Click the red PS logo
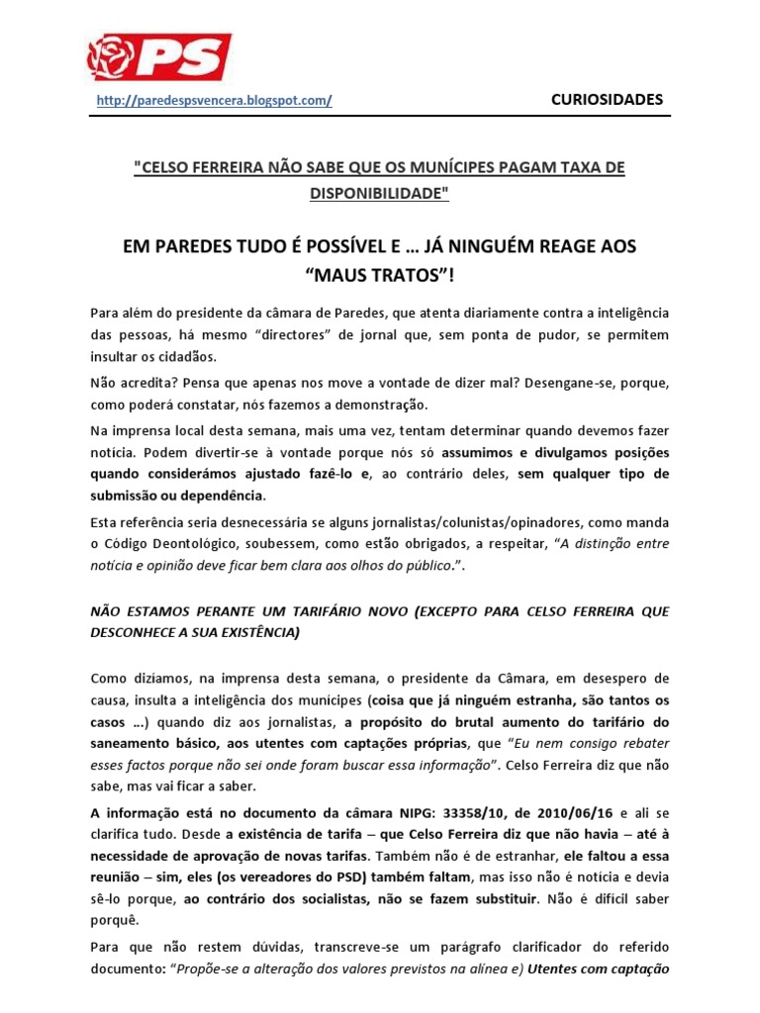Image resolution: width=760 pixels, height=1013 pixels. (x=159, y=56)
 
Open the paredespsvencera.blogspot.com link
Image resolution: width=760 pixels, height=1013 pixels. (x=214, y=100)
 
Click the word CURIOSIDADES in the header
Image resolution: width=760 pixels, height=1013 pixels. (x=607, y=99)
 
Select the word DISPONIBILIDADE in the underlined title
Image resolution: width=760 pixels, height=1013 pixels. (x=380, y=194)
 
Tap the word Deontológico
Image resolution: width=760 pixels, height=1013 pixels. (x=194, y=543)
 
